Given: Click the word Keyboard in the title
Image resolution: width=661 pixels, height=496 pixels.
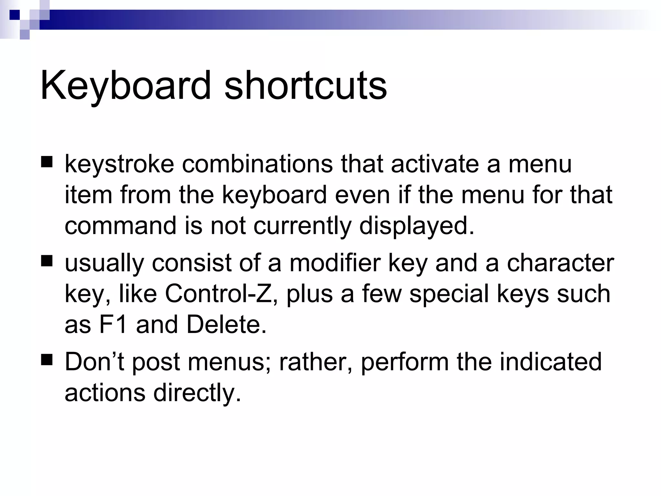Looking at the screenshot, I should [125, 86].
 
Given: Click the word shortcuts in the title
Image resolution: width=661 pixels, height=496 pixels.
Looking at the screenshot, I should [305, 86].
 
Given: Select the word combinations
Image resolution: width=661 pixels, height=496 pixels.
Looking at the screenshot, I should [257, 164].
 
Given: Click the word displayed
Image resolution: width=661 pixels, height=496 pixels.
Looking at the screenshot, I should [416, 226].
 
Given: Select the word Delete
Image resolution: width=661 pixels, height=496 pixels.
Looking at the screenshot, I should [226, 325].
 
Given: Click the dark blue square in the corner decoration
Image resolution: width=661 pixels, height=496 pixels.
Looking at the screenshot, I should [14, 15].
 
